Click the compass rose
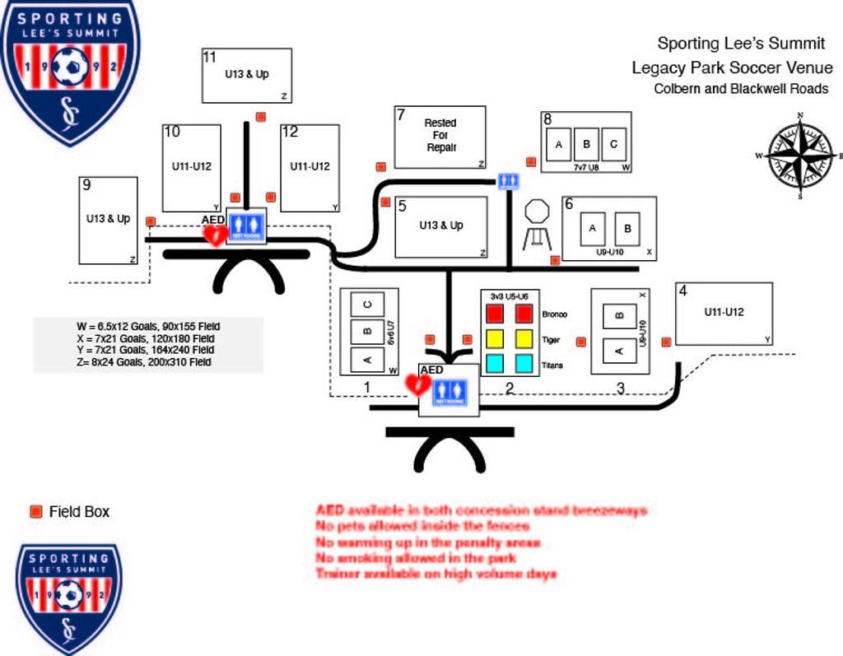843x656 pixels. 800,155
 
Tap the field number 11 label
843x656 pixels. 210,57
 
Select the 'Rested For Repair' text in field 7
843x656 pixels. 440,135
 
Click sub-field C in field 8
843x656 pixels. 614,145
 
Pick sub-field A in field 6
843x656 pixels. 593,228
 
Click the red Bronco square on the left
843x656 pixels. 494,314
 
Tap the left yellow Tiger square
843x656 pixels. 494,338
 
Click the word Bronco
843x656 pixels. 555,314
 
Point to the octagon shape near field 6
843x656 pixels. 537,211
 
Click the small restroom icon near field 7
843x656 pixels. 508,181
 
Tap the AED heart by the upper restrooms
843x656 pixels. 216,235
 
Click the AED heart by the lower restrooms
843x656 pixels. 417,384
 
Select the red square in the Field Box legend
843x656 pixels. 35,511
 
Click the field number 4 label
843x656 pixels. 682,291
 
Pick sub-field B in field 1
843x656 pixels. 368,332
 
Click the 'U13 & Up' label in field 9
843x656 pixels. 108,219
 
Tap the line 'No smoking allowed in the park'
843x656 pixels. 417,558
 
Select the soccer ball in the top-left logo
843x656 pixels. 70,66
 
